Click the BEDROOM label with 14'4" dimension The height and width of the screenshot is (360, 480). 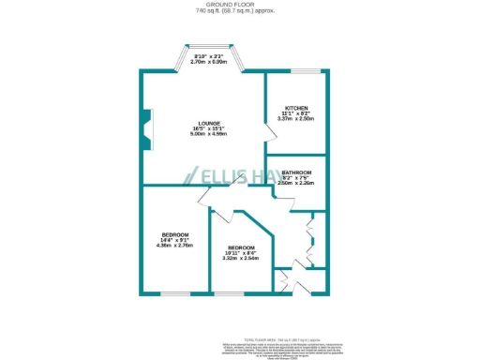click(x=174, y=234)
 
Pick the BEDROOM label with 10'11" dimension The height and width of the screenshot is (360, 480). click(x=240, y=247)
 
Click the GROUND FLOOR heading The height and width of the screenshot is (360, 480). click(x=239, y=5)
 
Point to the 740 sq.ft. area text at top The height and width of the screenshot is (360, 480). click(x=239, y=11)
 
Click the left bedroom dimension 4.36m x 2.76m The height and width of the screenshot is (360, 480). click(x=174, y=246)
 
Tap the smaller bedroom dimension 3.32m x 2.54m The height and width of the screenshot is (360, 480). click(x=240, y=259)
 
